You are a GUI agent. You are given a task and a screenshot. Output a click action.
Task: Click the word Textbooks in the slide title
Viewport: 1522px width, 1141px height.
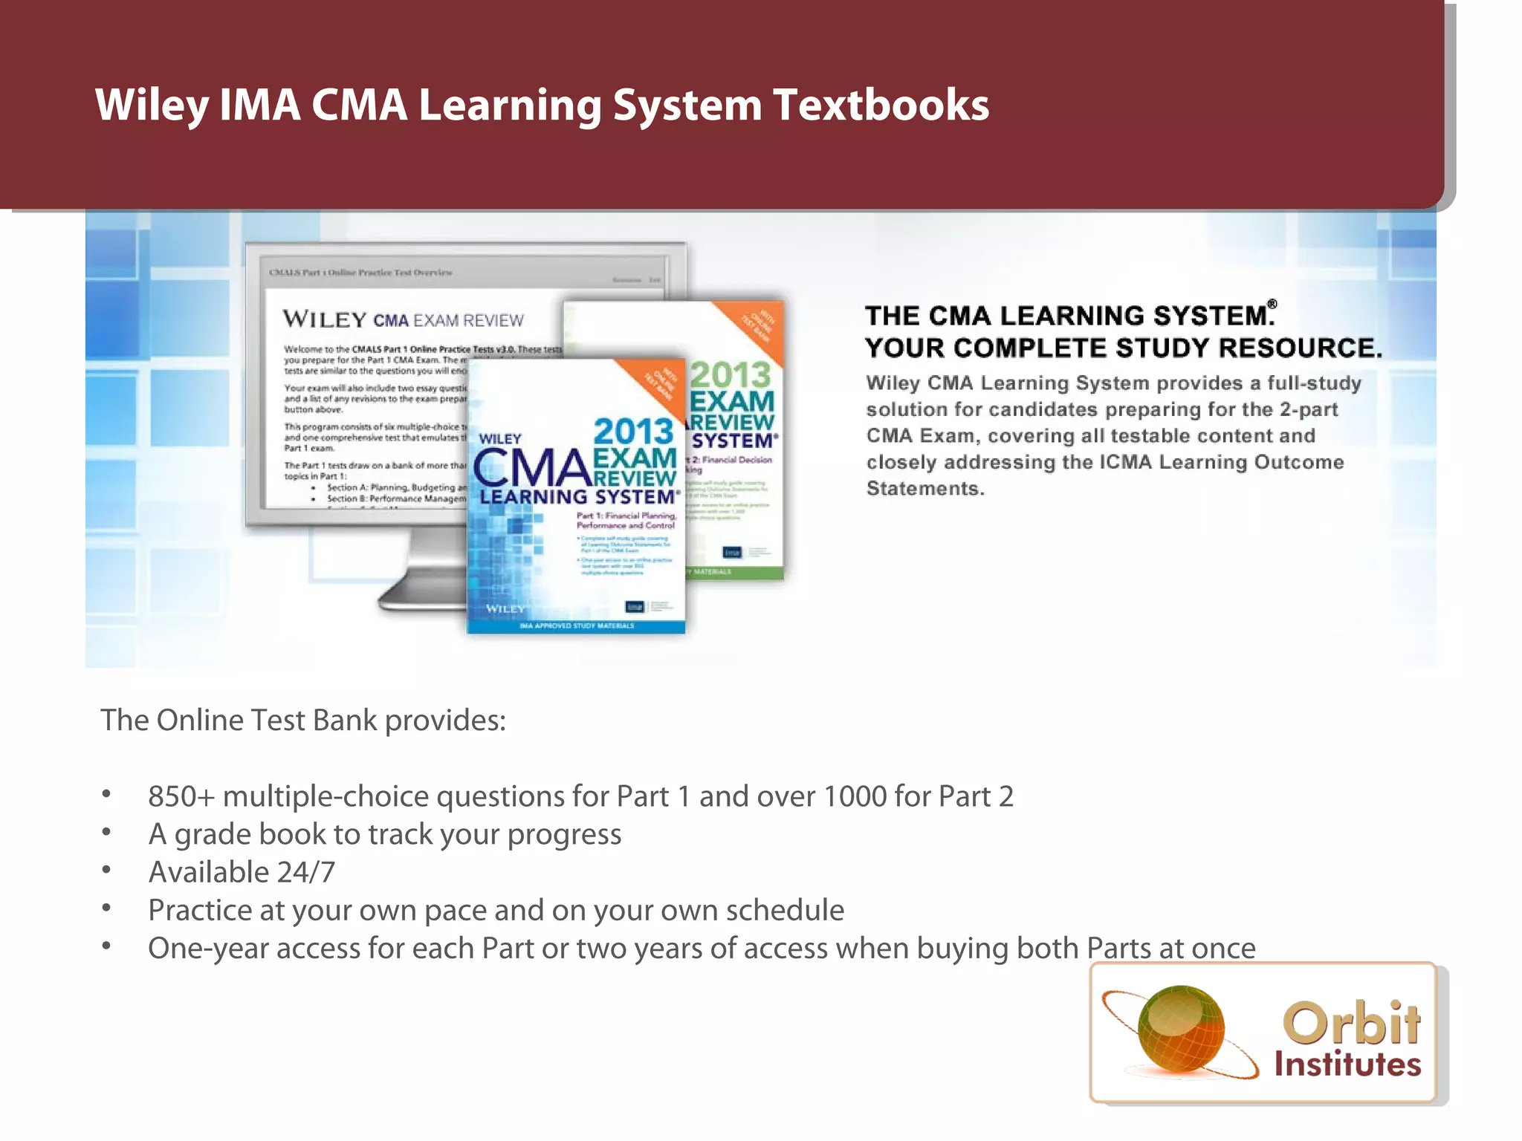[x=881, y=105]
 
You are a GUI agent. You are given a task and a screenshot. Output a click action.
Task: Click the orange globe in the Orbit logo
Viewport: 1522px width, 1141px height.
[x=1180, y=1029]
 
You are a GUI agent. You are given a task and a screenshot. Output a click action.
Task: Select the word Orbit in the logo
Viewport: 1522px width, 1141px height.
[x=1352, y=1023]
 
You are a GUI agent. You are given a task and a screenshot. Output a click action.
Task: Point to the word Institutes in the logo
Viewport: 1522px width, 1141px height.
[x=1347, y=1064]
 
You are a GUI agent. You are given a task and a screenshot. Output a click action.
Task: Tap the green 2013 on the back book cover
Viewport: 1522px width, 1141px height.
[x=731, y=374]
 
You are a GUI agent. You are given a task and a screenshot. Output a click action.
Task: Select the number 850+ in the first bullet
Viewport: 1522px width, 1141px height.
[x=181, y=796]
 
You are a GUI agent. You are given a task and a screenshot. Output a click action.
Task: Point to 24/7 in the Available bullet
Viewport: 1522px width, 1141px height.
[x=305, y=872]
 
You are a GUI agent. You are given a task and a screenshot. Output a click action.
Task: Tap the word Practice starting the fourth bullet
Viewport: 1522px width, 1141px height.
[x=199, y=911]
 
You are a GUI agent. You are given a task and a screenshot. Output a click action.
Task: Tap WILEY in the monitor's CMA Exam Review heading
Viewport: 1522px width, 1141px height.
[x=325, y=320]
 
